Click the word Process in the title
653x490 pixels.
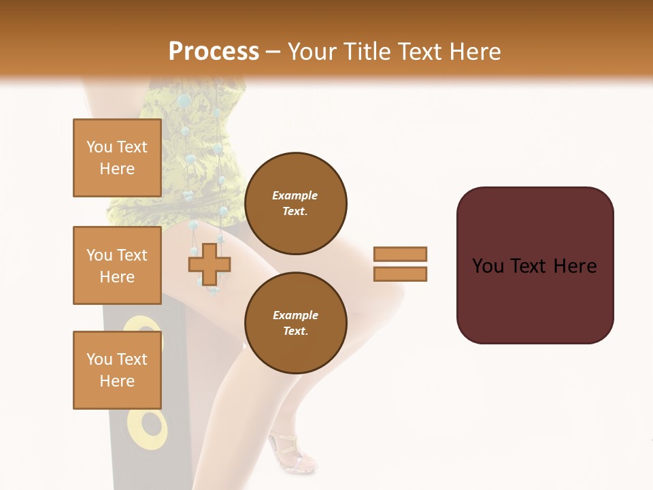pos(214,51)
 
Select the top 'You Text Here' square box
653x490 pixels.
pos(117,158)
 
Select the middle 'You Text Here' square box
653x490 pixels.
pos(117,265)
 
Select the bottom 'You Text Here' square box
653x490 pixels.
pos(117,370)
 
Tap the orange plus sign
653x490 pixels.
pos(209,264)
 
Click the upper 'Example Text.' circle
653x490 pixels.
pos(295,203)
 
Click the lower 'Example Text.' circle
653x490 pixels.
pos(295,323)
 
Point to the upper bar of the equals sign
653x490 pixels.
pos(400,254)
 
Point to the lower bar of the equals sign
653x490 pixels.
pos(400,274)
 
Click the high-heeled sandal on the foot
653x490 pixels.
pos(289,453)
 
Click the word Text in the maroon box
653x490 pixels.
pos(533,266)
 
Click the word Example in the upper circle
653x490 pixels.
pos(295,195)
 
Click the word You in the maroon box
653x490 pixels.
pos(488,266)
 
